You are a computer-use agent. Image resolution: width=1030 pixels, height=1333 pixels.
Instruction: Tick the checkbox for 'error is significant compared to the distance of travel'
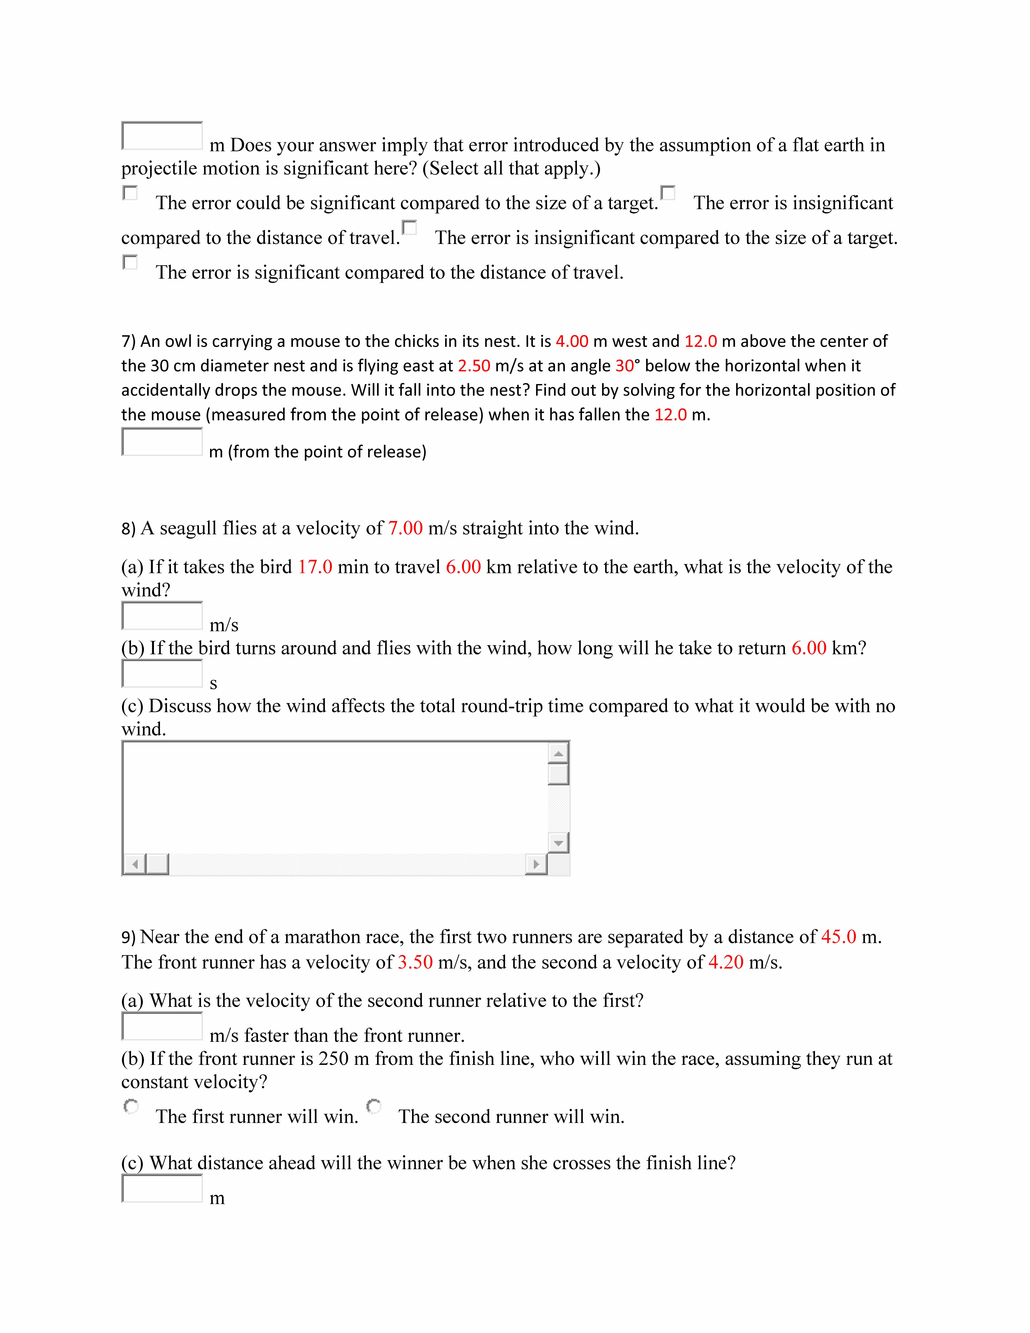[x=130, y=262]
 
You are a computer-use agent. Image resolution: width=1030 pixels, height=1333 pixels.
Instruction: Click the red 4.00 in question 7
[x=572, y=341]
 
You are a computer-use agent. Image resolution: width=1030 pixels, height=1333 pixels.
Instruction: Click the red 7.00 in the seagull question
[x=405, y=528]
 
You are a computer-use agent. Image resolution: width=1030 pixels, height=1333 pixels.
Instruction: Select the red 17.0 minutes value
[x=315, y=567]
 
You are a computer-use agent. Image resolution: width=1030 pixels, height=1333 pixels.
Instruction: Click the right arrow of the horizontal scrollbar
[x=536, y=864]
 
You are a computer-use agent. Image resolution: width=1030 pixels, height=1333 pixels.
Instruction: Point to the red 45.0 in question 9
[x=838, y=937]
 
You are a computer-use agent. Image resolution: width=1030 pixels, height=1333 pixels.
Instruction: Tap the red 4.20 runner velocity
[x=725, y=962]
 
